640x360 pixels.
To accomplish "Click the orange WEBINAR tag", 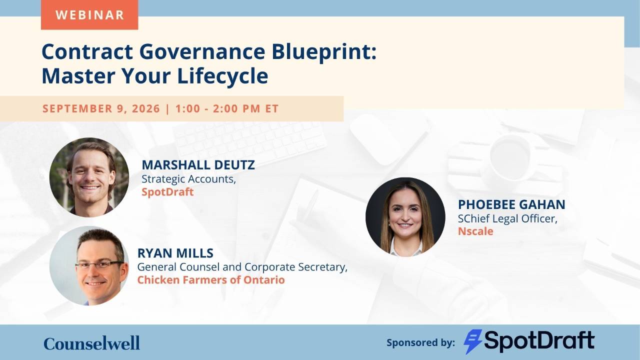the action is [x=89, y=14].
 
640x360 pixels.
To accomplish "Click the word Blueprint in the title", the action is [x=324, y=52].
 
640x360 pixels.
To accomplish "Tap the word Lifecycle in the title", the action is [x=223, y=76].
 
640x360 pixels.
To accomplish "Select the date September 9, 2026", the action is [x=101, y=108].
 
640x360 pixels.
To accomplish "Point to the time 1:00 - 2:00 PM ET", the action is [x=227, y=108].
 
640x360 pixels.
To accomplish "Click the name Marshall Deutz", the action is [x=198, y=165].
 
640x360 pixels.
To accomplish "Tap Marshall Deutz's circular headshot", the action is [x=89, y=177].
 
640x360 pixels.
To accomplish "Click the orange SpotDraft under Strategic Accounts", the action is [x=167, y=191].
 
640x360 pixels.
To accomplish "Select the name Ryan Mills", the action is [x=175, y=253].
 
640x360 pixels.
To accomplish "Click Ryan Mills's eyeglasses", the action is [x=99, y=265].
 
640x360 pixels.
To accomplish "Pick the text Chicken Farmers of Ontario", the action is [x=211, y=279].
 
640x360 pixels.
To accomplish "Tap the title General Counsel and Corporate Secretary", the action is [x=242, y=267].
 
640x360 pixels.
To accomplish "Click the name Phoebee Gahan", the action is [x=511, y=204].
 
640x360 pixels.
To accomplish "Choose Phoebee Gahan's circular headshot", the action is [x=405, y=217].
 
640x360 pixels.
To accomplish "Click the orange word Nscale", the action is [x=475, y=231].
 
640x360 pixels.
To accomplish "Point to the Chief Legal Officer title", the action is [x=507, y=218].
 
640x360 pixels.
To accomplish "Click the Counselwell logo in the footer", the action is [x=91, y=343].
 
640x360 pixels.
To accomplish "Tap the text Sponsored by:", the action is [x=420, y=342].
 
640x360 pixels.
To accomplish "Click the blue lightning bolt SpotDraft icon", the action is [x=473, y=341].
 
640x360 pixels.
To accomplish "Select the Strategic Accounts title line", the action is [x=189, y=179].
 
